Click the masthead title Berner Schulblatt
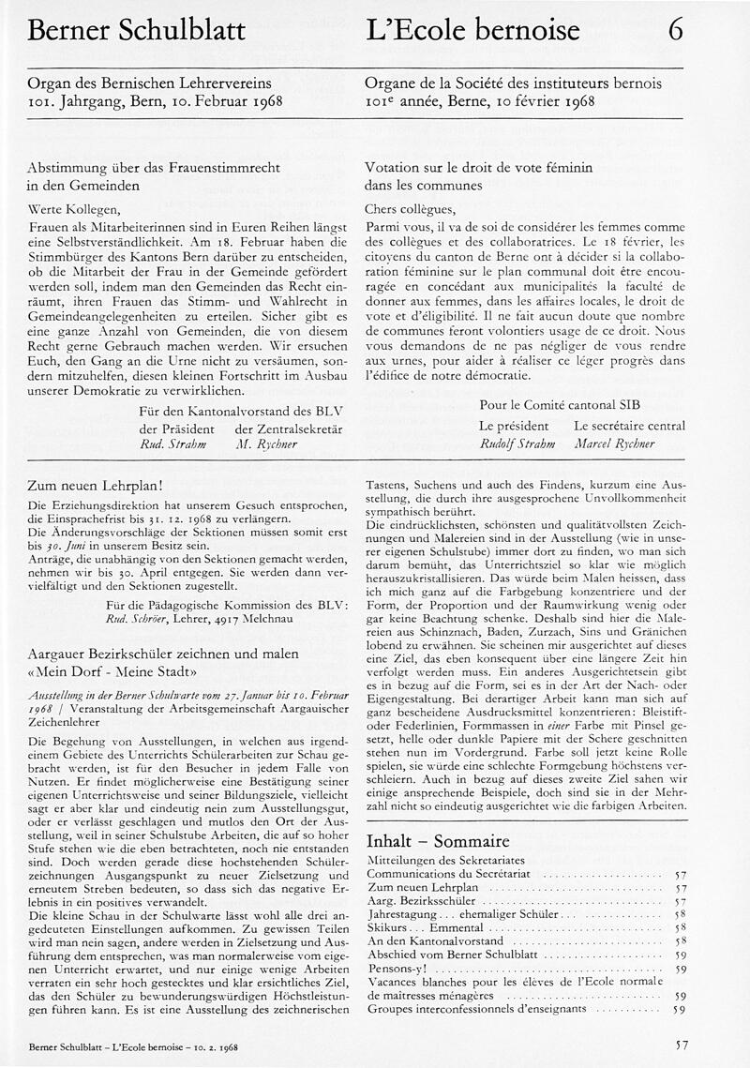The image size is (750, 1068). click(x=136, y=31)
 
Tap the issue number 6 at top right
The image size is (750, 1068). click(x=675, y=30)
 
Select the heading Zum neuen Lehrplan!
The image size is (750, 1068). click(x=97, y=486)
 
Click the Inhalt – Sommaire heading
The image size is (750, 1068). click(x=437, y=840)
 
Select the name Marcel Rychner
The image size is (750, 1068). click(x=615, y=444)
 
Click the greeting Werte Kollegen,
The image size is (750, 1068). click(x=75, y=210)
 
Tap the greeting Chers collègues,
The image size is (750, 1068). click(x=409, y=209)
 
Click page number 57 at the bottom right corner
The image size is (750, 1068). click(x=682, y=1043)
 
